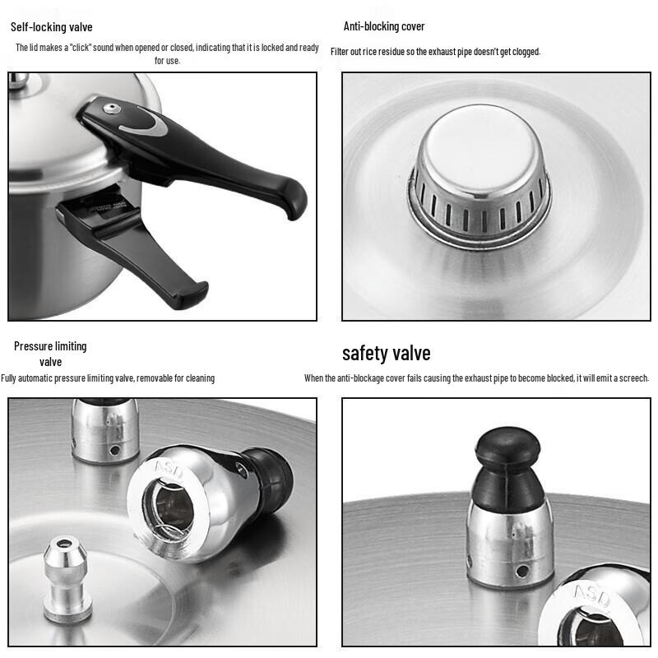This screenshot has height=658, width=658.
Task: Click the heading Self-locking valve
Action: (x=51, y=27)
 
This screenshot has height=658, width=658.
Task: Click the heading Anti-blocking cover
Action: (x=384, y=26)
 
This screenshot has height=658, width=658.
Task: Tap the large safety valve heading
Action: (x=386, y=354)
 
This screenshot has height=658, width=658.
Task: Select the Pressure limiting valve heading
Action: (x=50, y=354)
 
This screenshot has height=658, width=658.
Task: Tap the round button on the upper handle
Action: (x=111, y=109)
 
